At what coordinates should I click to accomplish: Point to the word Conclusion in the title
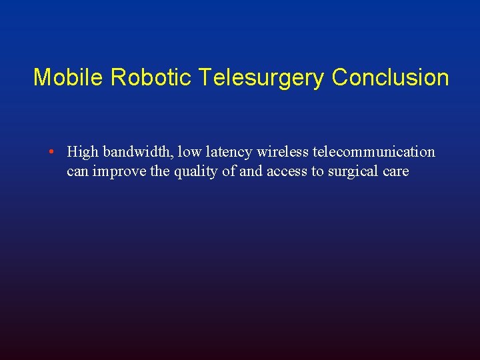click(390, 77)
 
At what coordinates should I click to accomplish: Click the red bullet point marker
click(51, 152)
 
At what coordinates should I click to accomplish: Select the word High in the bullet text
click(83, 152)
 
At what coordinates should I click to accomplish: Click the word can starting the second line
click(78, 172)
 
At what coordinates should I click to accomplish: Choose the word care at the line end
click(395, 172)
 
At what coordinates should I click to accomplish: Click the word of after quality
click(229, 172)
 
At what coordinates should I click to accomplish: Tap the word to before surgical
click(318, 172)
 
